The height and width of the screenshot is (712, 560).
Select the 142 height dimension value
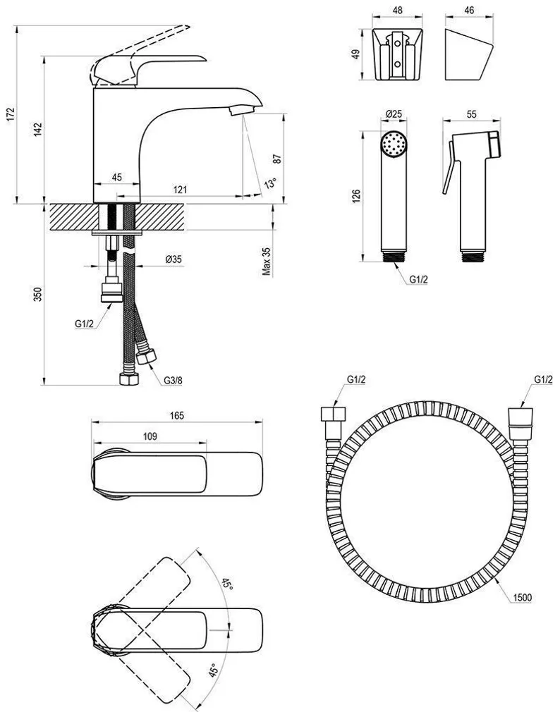coord(38,129)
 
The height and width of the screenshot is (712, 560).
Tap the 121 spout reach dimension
coord(181,189)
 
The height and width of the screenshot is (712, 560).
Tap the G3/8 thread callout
coord(174,381)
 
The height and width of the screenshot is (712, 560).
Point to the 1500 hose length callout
coord(522,598)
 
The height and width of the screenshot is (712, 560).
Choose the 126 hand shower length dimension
coord(356,195)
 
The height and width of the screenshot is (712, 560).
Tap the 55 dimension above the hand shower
coord(472,114)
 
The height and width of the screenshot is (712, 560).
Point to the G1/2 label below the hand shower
coord(418,278)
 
